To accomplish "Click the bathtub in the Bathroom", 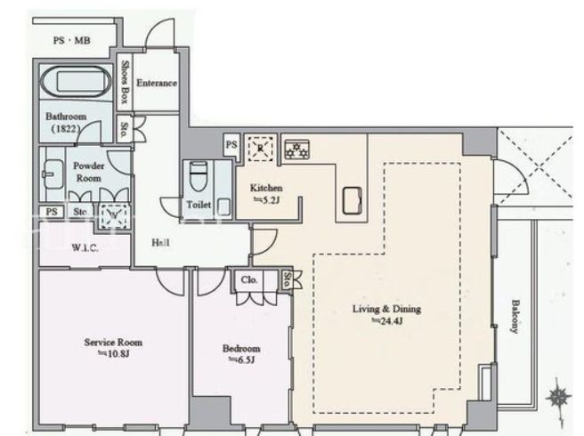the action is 76,81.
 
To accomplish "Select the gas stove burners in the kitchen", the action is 296,149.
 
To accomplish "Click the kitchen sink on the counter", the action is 352,201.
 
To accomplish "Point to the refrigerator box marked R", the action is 260,149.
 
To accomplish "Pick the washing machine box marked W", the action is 114,215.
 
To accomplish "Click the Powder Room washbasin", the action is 53,174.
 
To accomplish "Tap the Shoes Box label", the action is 126,82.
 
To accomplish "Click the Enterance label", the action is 157,83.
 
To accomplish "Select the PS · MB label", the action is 72,40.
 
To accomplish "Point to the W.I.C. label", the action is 85,247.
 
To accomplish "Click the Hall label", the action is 160,243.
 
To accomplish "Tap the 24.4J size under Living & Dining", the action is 387,321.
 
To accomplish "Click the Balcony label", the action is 515,317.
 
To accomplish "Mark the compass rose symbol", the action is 558,397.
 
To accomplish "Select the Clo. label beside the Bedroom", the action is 249,280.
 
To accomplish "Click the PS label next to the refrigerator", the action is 231,144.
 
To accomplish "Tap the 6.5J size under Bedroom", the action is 241,359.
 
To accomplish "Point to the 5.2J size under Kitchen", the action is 267,200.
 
